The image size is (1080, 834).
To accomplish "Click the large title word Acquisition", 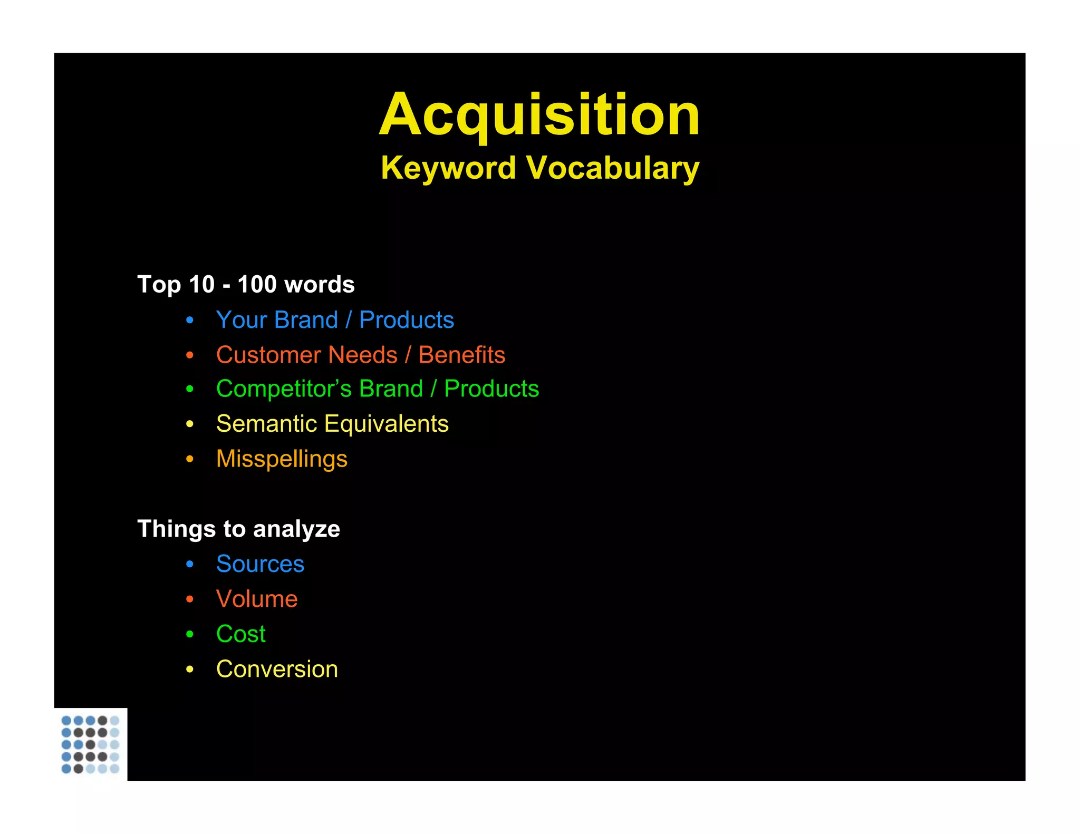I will (539, 114).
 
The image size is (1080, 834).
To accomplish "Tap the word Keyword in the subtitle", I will (448, 168).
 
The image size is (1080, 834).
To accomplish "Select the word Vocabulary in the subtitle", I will (613, 168).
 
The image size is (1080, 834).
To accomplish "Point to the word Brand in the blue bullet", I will (306, 320).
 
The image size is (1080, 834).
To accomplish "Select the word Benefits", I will (461, 355).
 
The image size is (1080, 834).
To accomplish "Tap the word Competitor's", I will (284, 389).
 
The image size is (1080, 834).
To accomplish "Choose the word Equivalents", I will (387, 424).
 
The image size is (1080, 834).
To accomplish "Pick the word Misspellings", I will (282, 459).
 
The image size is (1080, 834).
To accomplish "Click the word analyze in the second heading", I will (296, 529).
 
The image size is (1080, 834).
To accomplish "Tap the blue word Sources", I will (260, 564).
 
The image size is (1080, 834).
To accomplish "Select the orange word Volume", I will (257, 599).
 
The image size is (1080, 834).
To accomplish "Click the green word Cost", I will (240, 634).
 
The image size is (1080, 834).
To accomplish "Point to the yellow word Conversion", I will (277, 669).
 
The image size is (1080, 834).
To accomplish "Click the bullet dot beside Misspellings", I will (190, 459).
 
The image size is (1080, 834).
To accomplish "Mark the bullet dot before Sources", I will (190, 565).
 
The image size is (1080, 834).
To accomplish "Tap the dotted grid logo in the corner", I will (90, 744).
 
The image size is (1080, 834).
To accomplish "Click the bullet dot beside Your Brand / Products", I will (190, 320).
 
